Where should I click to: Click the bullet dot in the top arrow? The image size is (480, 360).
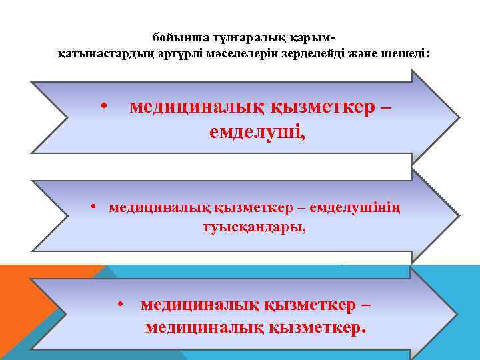click(x=103, y=107)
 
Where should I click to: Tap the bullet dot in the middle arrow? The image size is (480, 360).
click(x=95, y=209)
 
